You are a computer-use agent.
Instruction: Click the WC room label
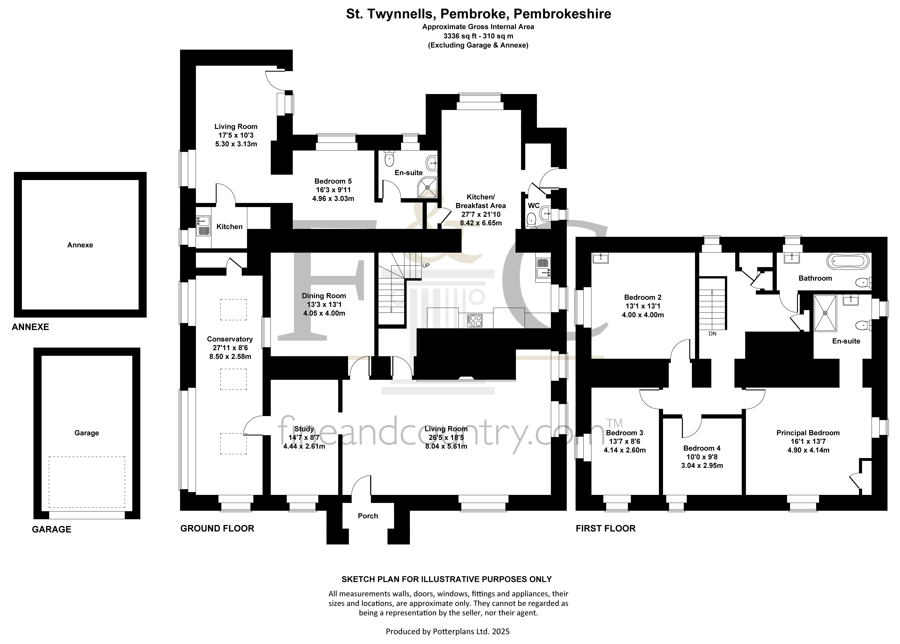tap(534, 206)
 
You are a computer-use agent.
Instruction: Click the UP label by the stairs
tap(426, 266)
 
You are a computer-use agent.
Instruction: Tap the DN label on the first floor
tap(712, 333)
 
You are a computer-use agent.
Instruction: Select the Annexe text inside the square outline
tap(80, 245)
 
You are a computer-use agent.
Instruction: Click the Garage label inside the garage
tap(87, 433)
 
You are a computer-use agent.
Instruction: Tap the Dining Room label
tap(324, 296)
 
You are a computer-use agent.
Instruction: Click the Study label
tap(304, 429)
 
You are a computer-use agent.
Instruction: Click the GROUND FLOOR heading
tap(217, 529)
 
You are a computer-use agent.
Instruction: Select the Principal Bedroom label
tap(808, 433)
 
